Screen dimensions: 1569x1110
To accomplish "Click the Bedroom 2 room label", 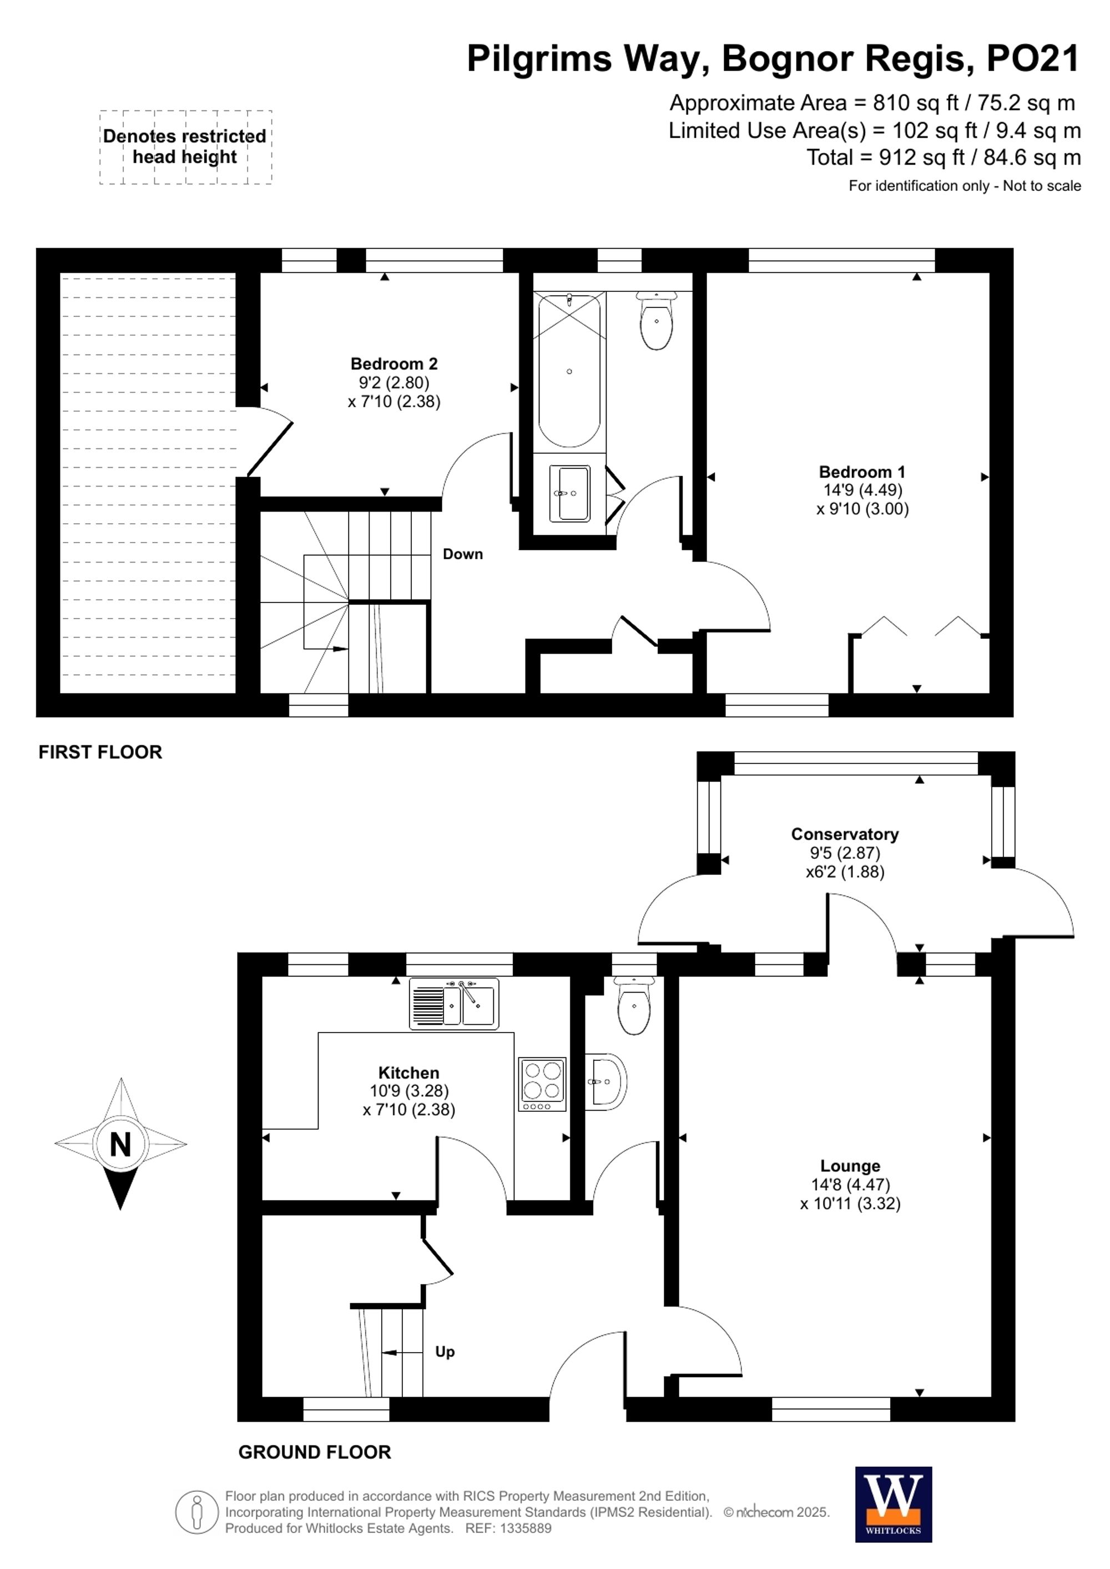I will pyautogui.click(x=393, y=363).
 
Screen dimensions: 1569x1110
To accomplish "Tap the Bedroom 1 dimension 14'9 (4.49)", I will pyautogui.click(x=862, y=490).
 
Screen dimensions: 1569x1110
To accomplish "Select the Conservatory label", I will pyautogui.click(x=845, y=834).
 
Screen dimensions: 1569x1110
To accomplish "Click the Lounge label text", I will pyautogui.click(x=850, y=1166).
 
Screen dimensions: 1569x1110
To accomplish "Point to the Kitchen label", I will pyautogui.click(x=408, y=1072).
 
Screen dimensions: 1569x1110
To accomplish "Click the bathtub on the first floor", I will pyautogui.click(x=569, y=371).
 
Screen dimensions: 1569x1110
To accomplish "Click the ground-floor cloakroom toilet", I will pyautogui.click(x=634, y=1005).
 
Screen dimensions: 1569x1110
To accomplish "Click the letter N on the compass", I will pyautogui.click(x=120, y=1144).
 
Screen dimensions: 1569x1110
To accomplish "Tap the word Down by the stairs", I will pyautogui.click(x=463, y=554).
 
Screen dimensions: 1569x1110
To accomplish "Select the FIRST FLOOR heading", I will pyautogui.click(x=100, y=752).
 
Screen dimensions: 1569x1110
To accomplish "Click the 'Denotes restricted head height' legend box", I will pyautogui.click(x=185, y=147).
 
